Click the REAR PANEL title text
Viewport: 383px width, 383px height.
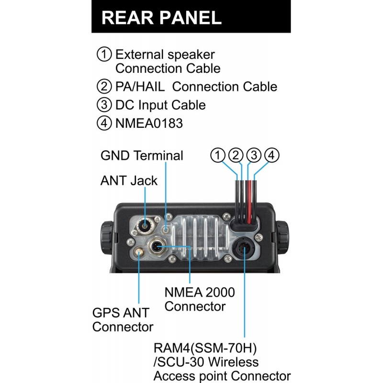click(x=161, y=18)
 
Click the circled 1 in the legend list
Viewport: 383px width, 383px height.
click(x=104, y=54)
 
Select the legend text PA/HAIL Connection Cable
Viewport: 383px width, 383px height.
click(x=196, y=87)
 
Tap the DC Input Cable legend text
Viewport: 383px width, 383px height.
click(x=160, y=105)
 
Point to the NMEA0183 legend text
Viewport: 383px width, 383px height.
click(x=149, y=123)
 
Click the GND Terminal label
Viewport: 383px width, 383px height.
click(x=142, y=156)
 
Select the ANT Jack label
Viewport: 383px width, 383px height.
click(x=129, y=180)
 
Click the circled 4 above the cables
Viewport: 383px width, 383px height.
click(x=271, y=155)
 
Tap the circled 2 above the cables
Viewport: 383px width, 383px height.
click(x=236, y=155)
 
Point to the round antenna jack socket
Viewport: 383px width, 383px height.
click(x=146, y=225)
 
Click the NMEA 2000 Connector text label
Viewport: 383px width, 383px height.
click(x=200, y=298)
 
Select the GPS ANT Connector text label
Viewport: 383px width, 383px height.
click(x=123, y=320)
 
